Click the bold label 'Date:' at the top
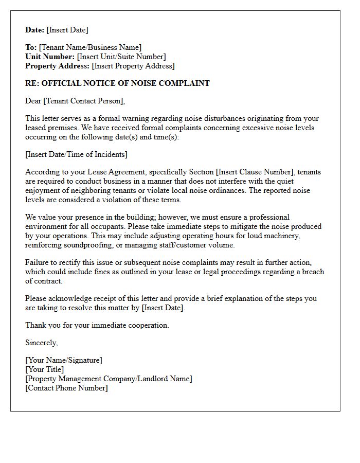(35, 30)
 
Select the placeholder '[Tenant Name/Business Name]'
(90, 47)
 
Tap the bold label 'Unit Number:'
(50, 57)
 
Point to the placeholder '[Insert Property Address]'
(133, 66)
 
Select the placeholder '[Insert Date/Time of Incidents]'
(76, 154)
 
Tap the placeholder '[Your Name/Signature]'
(64, 360)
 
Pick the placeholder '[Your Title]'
(45, 369)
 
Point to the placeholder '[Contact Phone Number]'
(67, 388)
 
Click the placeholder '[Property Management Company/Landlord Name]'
(109, 379)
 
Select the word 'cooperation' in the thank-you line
(148, 325)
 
